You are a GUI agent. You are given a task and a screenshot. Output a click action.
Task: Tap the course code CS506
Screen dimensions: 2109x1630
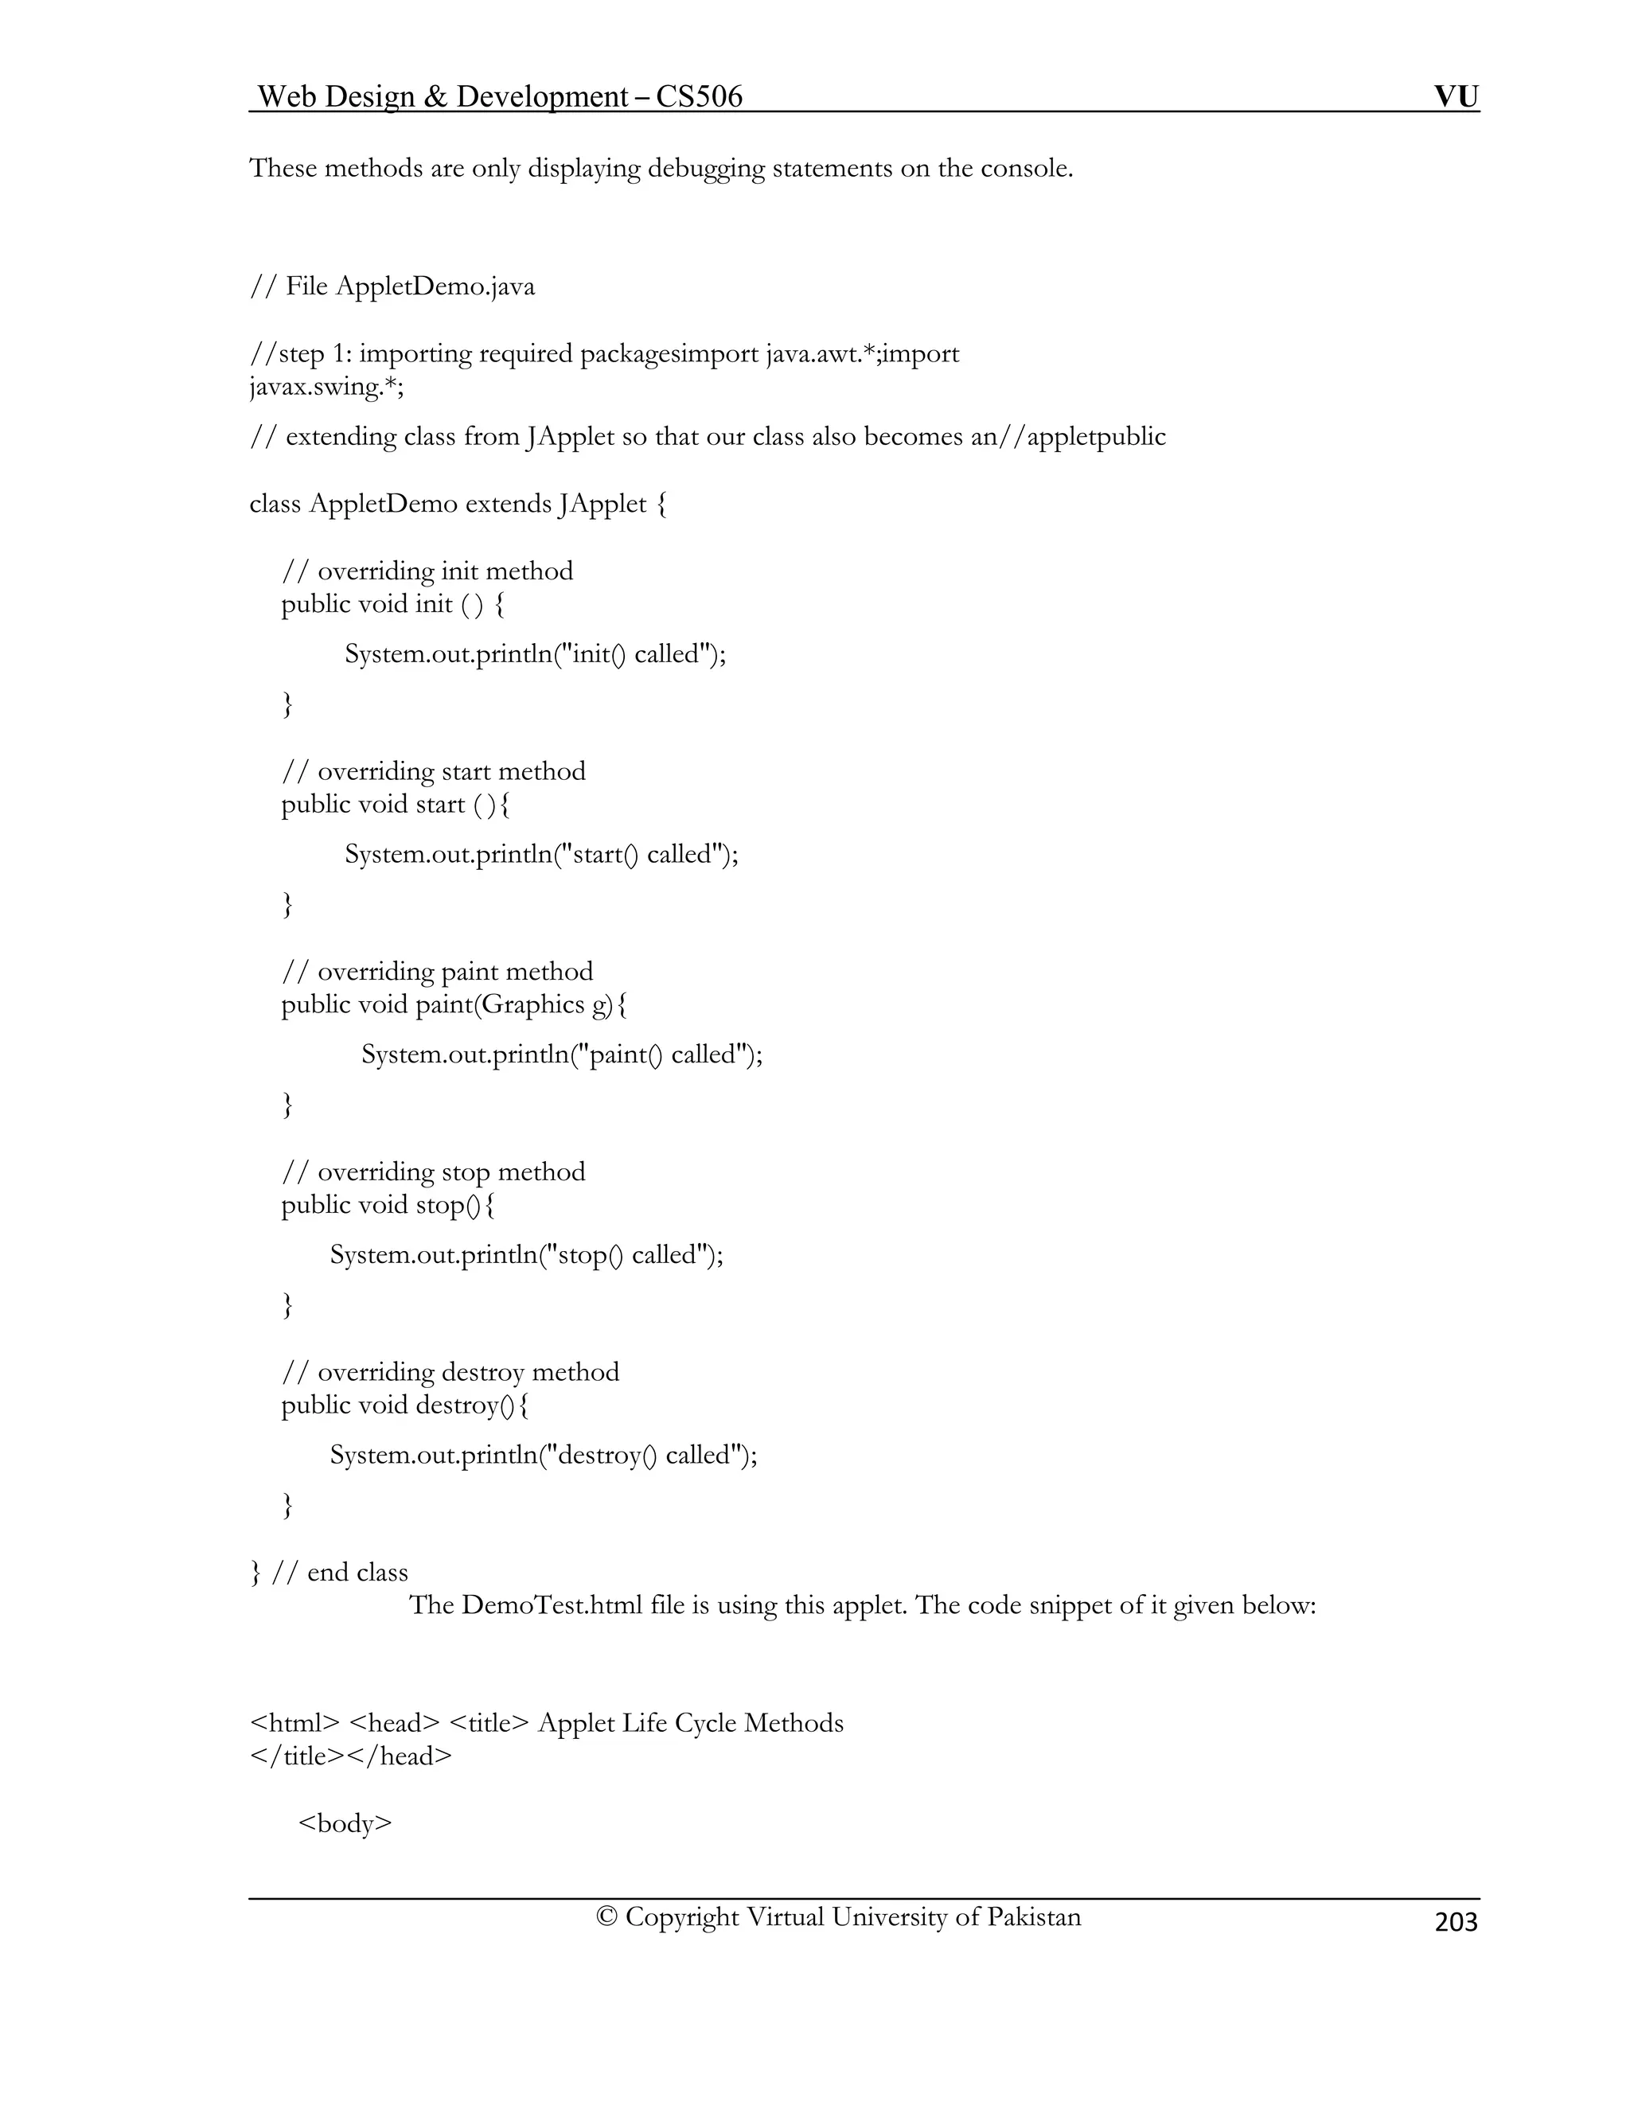coord(699,96)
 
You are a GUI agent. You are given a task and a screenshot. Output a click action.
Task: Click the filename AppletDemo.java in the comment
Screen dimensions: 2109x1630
coord(435,287)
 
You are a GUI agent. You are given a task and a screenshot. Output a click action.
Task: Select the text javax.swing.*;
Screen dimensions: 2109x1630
coord(326,388)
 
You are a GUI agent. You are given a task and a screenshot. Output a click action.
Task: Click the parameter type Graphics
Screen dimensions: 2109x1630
coord(533,1005)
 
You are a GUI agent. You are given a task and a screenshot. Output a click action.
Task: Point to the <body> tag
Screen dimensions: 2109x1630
coord(345,1823)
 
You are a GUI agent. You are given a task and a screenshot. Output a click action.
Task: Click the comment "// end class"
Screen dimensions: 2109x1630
coord(340,1572)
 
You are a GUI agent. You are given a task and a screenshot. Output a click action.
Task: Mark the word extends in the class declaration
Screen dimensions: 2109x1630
coord(507,504)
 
